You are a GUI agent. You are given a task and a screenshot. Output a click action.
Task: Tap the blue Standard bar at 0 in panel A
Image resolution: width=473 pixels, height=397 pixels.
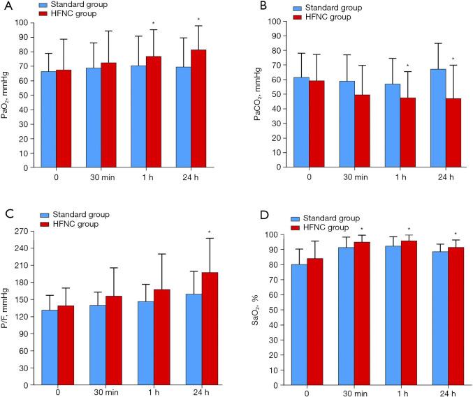[48, 119]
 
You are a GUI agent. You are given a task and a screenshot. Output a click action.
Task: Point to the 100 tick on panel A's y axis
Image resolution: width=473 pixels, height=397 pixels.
[27, 23]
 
